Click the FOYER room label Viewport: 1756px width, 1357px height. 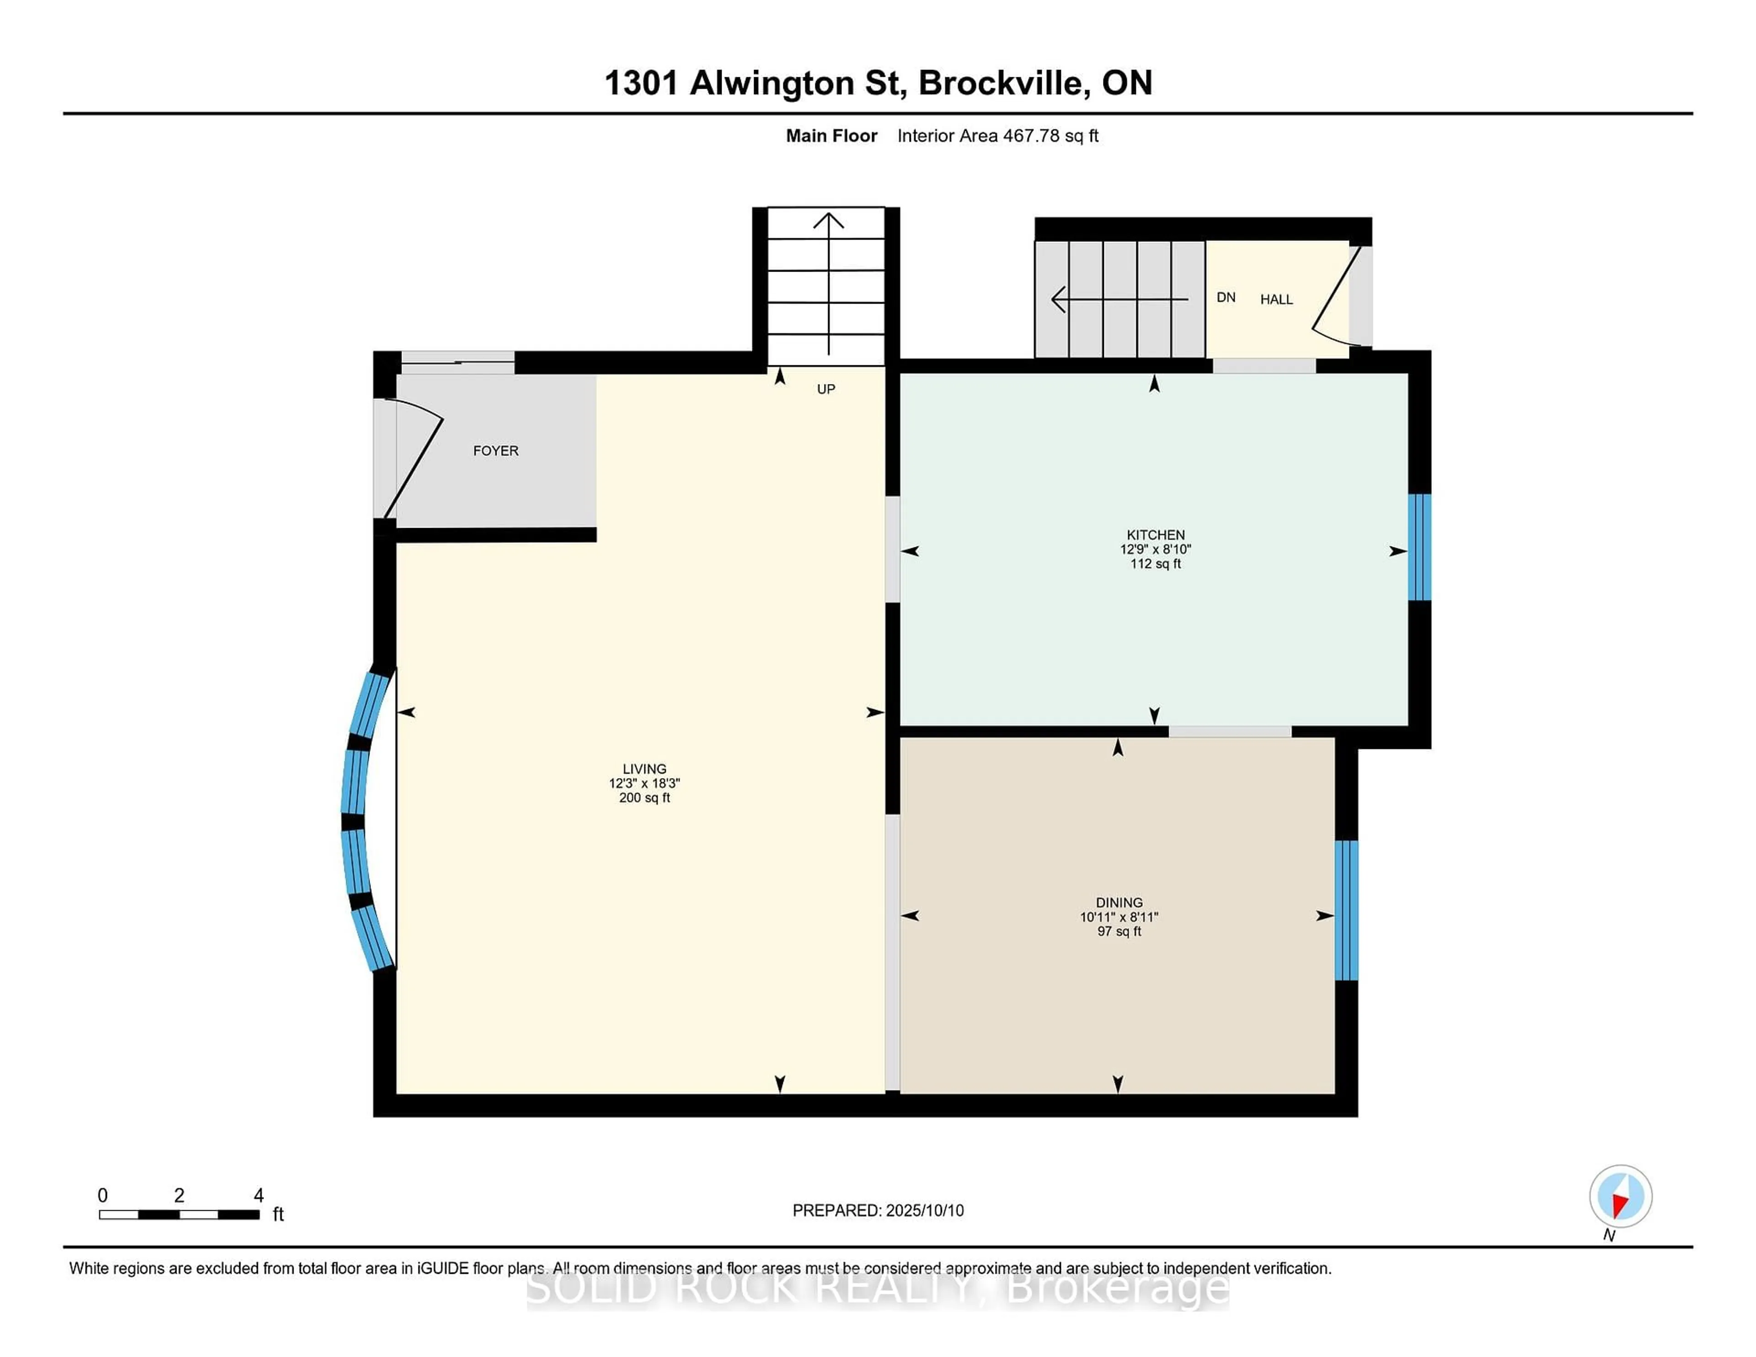(495, 451)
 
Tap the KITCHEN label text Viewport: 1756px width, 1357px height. (1156, 534)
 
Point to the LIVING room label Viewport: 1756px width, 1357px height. (644, 769)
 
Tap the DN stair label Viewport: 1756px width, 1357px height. (1226, 298)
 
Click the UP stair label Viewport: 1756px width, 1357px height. (826, 389)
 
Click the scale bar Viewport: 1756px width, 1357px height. (178, 1215)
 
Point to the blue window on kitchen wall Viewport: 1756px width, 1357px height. (1419, 547)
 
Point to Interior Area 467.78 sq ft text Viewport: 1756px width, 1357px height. (997, 136)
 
